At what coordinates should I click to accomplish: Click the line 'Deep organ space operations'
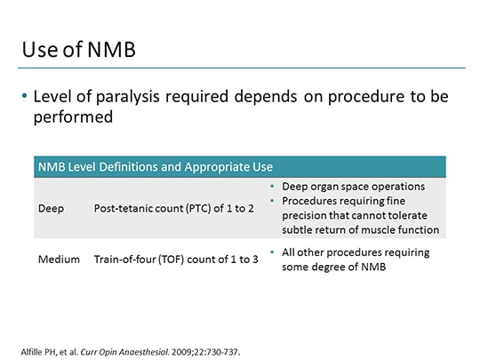353,187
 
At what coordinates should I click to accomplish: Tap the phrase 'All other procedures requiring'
356,252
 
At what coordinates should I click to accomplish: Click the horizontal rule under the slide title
240,68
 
